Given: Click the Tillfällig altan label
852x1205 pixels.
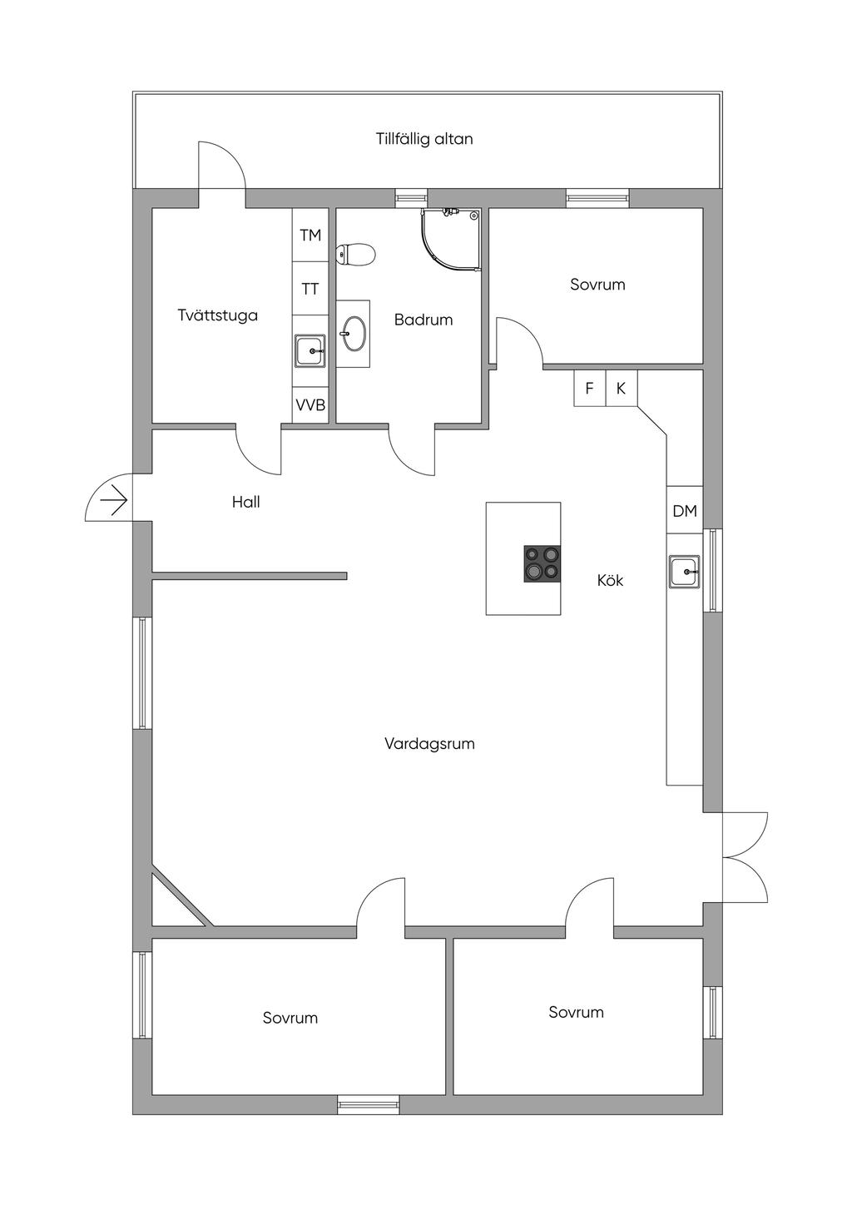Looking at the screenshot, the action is [x=424, y=139].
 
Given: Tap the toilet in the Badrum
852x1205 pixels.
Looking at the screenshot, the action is [x=355, y=255].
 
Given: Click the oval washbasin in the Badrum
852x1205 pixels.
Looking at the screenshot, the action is [x=354, y=334].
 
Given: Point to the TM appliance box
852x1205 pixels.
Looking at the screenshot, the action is [x=310, y=235].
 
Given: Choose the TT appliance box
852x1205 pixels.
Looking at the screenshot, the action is [x=310, y=289].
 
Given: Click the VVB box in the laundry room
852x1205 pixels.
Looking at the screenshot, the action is [x=310, y=404].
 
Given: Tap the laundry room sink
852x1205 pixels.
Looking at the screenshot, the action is [x=310, y=350].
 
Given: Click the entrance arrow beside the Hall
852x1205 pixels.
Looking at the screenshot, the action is [x=113, y=501].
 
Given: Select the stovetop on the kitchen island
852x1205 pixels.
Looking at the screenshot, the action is [x=542, y=563].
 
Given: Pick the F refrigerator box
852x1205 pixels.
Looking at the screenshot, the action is [x=590, y=388].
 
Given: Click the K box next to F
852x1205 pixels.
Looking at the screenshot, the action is [x=622, y=388].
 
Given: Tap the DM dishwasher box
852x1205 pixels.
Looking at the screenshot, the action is [x=685, y=510].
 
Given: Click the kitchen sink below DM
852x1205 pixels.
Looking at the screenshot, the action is [x=685, y=572].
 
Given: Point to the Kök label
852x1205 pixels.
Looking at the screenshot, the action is [x=611, y=580].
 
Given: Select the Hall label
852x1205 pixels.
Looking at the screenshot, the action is [x=245, y=502].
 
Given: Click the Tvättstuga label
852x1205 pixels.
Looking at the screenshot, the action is [x=218, y=315].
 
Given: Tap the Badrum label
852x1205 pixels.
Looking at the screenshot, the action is [x=424, y=320].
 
